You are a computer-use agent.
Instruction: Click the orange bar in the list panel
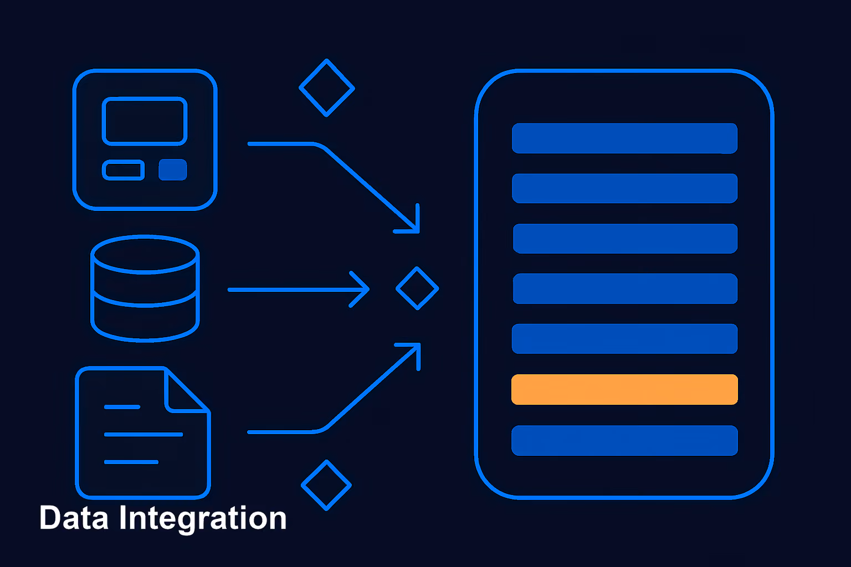point(624,389)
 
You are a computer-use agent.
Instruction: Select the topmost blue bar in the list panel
point(624,138)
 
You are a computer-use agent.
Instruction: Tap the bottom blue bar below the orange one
point(624,441)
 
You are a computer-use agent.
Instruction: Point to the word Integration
point(203,519)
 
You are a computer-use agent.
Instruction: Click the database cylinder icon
point(145,288)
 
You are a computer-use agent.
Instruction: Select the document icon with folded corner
point(143,432)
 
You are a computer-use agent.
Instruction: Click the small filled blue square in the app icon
point(173,170)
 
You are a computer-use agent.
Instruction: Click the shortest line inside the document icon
point(122,407)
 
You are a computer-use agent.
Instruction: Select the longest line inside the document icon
point(143,435)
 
